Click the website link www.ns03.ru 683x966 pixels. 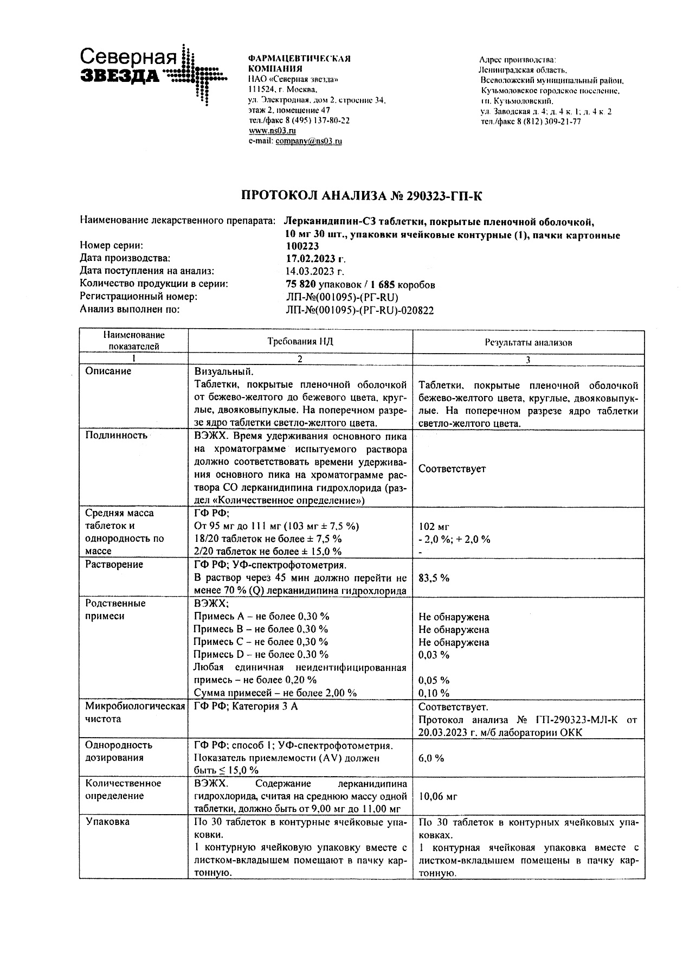click(272, 131)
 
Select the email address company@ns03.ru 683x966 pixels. click(308, 141)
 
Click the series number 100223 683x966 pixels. click(302, 245)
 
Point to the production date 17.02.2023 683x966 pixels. click(315, 258)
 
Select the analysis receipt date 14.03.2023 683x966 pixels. click(315, 271)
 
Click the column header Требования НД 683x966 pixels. click(300, 341)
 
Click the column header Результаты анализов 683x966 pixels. click(528, 342)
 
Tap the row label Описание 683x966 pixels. click(108, 372)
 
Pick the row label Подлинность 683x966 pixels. click(116, 436)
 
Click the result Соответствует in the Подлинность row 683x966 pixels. click(452, 469)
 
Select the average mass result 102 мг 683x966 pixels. click(434, 526)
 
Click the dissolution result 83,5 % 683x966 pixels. click(434, 578)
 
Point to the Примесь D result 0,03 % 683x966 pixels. click(434, 655)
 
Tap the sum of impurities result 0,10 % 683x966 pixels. click(434, 693)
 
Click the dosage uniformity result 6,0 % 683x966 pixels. click(431, 758)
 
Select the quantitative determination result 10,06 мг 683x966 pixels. click(438, 796)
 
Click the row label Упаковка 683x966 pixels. click(108, 822)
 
